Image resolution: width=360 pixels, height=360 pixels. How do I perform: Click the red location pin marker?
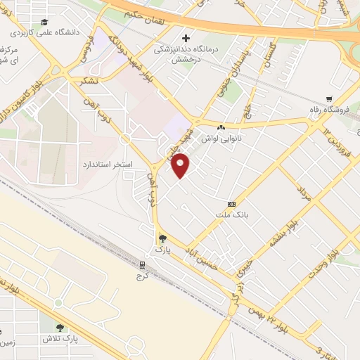[x=181, y=167]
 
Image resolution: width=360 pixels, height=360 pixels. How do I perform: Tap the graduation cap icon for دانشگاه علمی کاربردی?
[x=45, y=22]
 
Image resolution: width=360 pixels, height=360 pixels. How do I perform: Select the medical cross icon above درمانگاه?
[x=186, y=38]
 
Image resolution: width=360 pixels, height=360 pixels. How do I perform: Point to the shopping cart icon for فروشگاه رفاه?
[x=328, y=100]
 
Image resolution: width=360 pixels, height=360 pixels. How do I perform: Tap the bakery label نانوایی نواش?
[x=221, y=138]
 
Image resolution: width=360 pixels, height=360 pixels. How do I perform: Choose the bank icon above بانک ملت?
[x=232, y=203]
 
